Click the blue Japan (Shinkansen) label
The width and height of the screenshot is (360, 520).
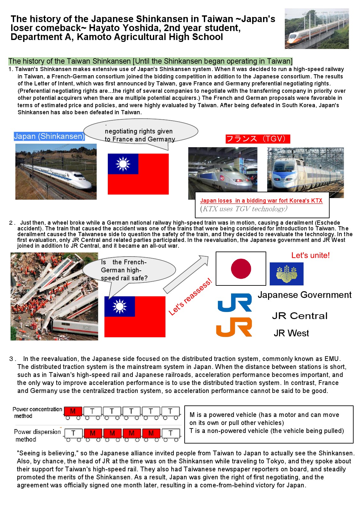tap(49, 136)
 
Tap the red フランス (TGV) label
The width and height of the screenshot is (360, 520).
tap(258, 139)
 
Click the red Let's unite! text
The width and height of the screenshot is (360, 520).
tap(310, 255)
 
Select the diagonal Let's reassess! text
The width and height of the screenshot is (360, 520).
tap(190, 297)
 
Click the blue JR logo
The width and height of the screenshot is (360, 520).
tap(235, 303)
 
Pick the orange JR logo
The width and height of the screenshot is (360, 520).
tap(234, 327)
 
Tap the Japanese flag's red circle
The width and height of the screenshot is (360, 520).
tap(241, 269)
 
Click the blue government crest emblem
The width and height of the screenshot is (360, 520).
tap(286, 274)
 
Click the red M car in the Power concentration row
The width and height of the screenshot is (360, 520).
tap(73, 411)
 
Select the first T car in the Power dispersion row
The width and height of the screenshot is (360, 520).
tap(73, 433)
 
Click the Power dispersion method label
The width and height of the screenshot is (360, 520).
tap(37, 435)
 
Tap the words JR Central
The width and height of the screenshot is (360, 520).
tap(300, 316)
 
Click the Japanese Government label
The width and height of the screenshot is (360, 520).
tap(304, 295)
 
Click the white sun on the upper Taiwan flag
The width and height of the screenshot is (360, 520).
tap(123, 164)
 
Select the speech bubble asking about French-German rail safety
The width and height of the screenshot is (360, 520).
tap(129, 270)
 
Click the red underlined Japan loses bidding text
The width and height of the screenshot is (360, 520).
tap(261, 201)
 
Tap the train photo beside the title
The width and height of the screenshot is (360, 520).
tap(316, 29)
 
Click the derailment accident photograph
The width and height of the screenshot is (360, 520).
tap(54, 296)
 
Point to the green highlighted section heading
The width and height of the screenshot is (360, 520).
tap(150, 61)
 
